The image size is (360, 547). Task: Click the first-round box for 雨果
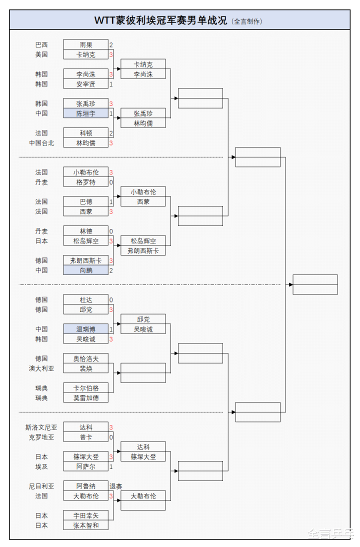click(85, 44)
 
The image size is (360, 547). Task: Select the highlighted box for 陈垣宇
click(85, 113)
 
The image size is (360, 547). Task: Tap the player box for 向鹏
click(85, 270)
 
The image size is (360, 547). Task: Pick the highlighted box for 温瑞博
click(85, 329)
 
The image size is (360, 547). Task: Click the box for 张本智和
click(85, 525)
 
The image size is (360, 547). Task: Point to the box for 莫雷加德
click(85, 398)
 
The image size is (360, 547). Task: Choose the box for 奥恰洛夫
click(85, 358)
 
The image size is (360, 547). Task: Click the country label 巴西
click(41, 44)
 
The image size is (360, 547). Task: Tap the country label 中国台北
click(41, 143)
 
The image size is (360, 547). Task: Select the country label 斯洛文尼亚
click(41, 427)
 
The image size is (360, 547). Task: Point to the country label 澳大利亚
click(41, 368)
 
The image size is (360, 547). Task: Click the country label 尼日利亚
click(41, 486)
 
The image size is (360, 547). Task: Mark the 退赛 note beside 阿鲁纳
click(116, 486)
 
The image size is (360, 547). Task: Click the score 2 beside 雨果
click(111, 44)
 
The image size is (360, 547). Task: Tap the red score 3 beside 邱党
click(111, 309)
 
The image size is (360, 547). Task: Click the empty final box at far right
click(315, 284)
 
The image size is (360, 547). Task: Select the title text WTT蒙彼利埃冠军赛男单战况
click(161, 20)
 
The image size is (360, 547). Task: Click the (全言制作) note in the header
click(247, 21)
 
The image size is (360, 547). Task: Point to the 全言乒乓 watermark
click(331, 534)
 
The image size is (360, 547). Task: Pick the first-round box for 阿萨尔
click(85, 466)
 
